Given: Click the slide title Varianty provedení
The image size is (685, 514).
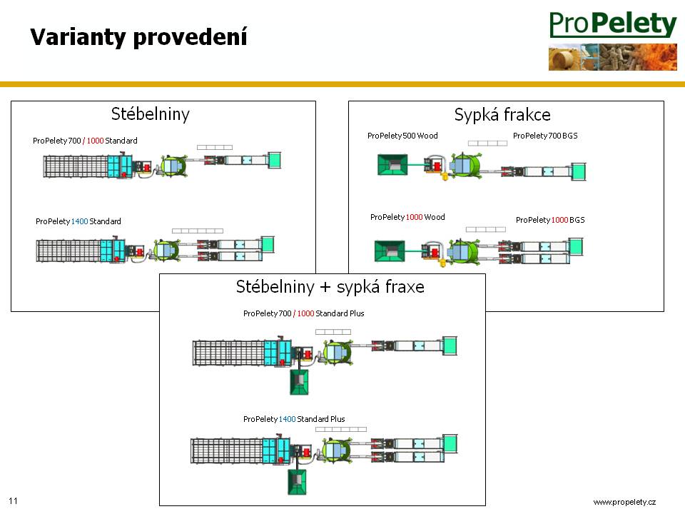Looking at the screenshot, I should pos(138,37).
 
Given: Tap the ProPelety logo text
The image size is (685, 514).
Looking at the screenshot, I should pos(612,26).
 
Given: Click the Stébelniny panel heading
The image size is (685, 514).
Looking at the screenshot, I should pos(151,114).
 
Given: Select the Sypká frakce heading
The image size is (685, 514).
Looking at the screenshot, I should pos(502,114).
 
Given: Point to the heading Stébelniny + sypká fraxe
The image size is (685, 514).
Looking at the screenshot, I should pos(330,287).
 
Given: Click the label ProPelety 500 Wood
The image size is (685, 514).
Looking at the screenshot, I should pos(402,136).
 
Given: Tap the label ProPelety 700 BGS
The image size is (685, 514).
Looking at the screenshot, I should pos(545,136).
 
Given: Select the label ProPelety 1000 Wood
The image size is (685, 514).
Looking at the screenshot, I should pos(407,217).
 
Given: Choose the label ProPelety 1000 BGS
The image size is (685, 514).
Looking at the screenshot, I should pos(549,220).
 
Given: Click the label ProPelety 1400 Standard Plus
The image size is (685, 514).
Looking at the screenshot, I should pos(294,419).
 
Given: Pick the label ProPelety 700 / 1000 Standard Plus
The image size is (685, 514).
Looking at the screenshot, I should pos(303,313).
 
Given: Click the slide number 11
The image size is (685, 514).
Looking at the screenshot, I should pos(14,500).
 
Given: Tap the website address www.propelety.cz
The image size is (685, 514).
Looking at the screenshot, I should pos(624,503).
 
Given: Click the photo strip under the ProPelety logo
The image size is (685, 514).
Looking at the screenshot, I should pos(612,57).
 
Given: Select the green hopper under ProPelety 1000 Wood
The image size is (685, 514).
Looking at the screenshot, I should pos(390,251).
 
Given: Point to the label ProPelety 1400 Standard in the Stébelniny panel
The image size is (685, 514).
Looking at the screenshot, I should pos(78,221).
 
